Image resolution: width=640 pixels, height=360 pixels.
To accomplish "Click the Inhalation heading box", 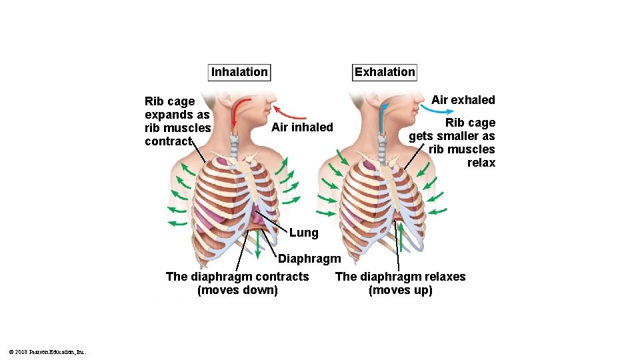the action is pos(239,72).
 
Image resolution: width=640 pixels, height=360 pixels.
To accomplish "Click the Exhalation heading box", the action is pos(385,72).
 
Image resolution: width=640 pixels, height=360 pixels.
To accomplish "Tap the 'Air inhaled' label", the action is pos(302,127).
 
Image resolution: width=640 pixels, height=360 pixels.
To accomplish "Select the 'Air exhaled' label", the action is pos(463,100).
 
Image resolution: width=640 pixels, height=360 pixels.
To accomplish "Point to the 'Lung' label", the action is pos(303,233).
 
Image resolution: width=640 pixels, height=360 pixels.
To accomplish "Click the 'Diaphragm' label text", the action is pos(309,259).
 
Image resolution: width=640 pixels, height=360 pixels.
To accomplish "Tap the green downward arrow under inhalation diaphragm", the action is pos(259,245).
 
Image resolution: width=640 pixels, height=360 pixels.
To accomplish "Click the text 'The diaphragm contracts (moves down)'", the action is pos(237,283).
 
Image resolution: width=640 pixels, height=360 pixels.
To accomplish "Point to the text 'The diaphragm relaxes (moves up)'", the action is pos(400,283).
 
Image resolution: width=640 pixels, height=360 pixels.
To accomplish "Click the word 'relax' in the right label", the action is pos(481,163).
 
